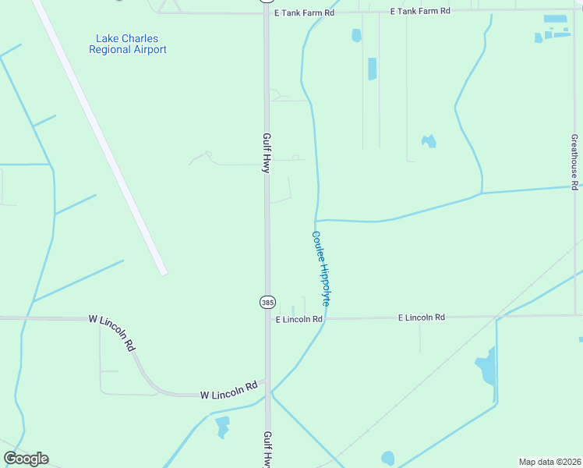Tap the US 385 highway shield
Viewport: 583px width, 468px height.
tap(267, 302)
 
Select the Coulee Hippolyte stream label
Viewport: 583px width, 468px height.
tap(326, 268)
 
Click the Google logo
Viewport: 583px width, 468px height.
tap(26, 459)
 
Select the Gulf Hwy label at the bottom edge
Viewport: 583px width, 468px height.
tap(267, 449)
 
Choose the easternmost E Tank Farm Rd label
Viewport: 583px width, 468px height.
tap(420, 11)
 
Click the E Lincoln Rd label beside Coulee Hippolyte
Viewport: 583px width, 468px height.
tap(299, 319)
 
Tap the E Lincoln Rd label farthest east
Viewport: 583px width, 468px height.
tap(421, 317)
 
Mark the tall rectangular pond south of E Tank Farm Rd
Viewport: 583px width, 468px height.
tap(372, 69)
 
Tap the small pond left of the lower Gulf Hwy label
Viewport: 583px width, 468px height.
tap(222, 426)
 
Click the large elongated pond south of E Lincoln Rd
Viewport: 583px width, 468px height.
tap(486, 367)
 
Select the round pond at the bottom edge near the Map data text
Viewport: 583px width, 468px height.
tap(387, 458)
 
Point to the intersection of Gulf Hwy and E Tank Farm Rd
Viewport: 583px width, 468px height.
tap(266, 12)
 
